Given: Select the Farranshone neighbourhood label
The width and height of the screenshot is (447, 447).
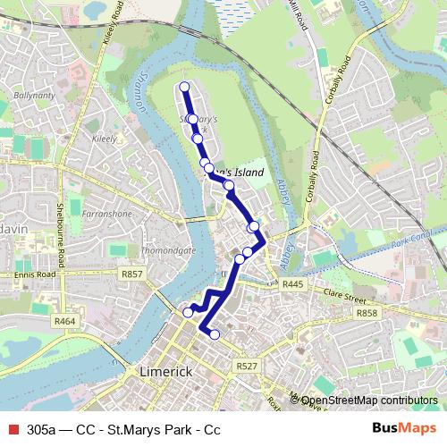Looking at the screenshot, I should [x=105, y=215].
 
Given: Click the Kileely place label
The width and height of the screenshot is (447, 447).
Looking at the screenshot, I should [x=105, y=140].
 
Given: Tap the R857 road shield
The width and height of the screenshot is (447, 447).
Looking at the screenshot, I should [x=131, y=274].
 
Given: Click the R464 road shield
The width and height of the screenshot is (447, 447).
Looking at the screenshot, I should [x=64, y=321].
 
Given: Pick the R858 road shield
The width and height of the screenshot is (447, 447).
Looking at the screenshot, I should [x=367, y=314].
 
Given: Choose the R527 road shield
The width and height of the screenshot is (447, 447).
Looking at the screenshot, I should [x=248, y=366].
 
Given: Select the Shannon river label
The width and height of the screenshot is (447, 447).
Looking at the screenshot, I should [x=141, y=92].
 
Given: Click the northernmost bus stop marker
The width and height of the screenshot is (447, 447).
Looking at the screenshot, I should [x=185, y=87].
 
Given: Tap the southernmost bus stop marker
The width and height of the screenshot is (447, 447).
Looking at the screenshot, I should [x=215, y=334].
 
